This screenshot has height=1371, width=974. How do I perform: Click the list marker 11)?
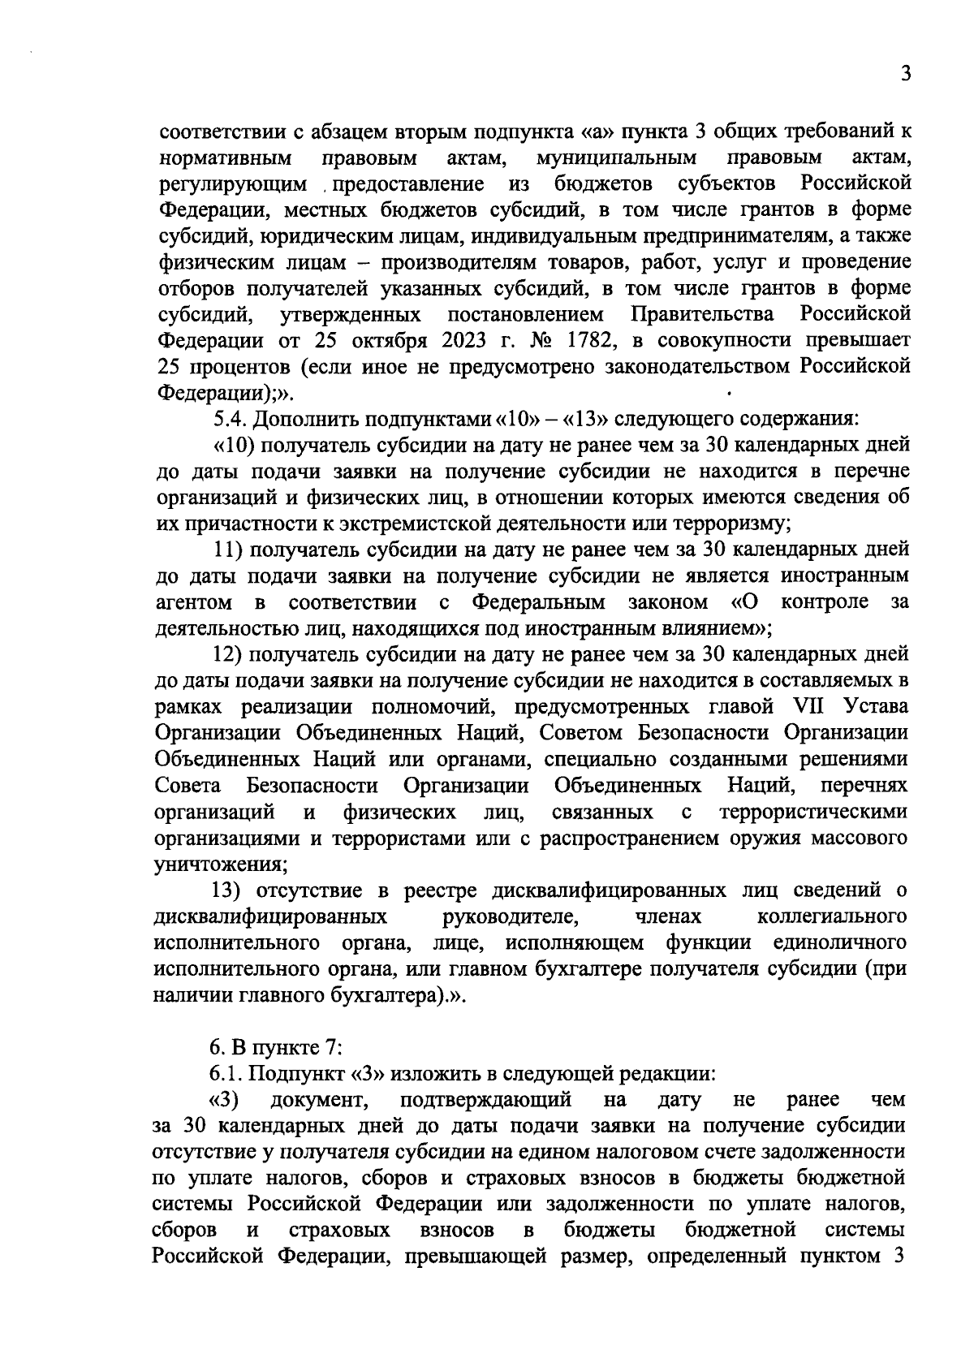tap(229, 550)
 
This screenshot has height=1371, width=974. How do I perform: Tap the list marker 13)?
tap(229, 890)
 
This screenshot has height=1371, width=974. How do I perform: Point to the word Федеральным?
tap(539, 602)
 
